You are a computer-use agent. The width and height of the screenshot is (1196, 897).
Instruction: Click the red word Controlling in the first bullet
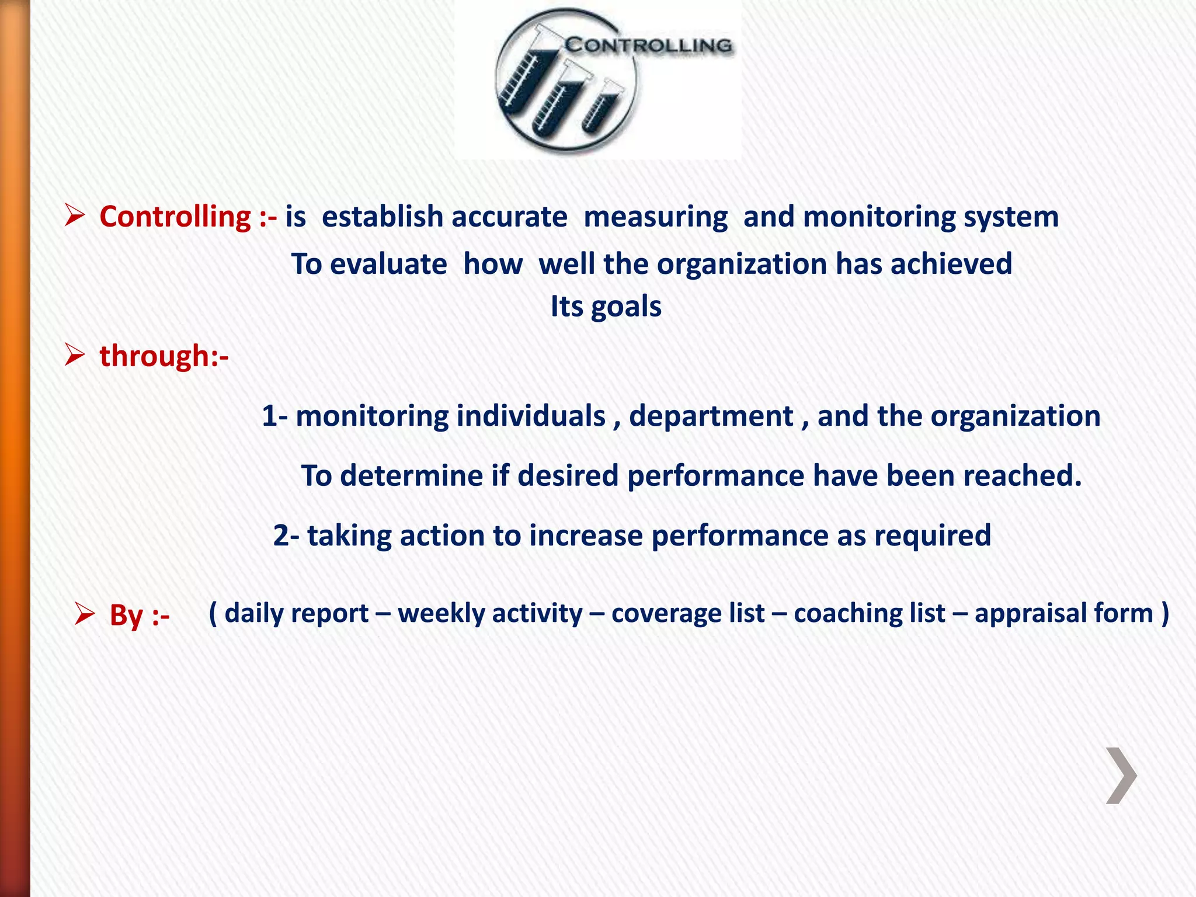175,217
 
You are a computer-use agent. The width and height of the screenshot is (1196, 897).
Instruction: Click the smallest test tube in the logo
602,105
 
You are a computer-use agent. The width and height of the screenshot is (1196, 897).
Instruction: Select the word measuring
655,217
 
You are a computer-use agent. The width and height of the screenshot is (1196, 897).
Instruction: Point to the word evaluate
388,264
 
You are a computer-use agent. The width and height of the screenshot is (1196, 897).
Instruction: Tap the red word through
155,356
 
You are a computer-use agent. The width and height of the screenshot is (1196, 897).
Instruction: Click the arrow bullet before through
75,354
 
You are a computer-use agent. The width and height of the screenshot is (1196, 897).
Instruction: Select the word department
711,416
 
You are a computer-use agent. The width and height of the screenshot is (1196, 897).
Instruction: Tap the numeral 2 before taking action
281,536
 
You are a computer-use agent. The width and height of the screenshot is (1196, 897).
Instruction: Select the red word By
126,616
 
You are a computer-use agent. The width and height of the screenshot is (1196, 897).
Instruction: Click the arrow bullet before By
85,614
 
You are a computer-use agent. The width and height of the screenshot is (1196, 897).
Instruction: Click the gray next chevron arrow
1121,776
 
